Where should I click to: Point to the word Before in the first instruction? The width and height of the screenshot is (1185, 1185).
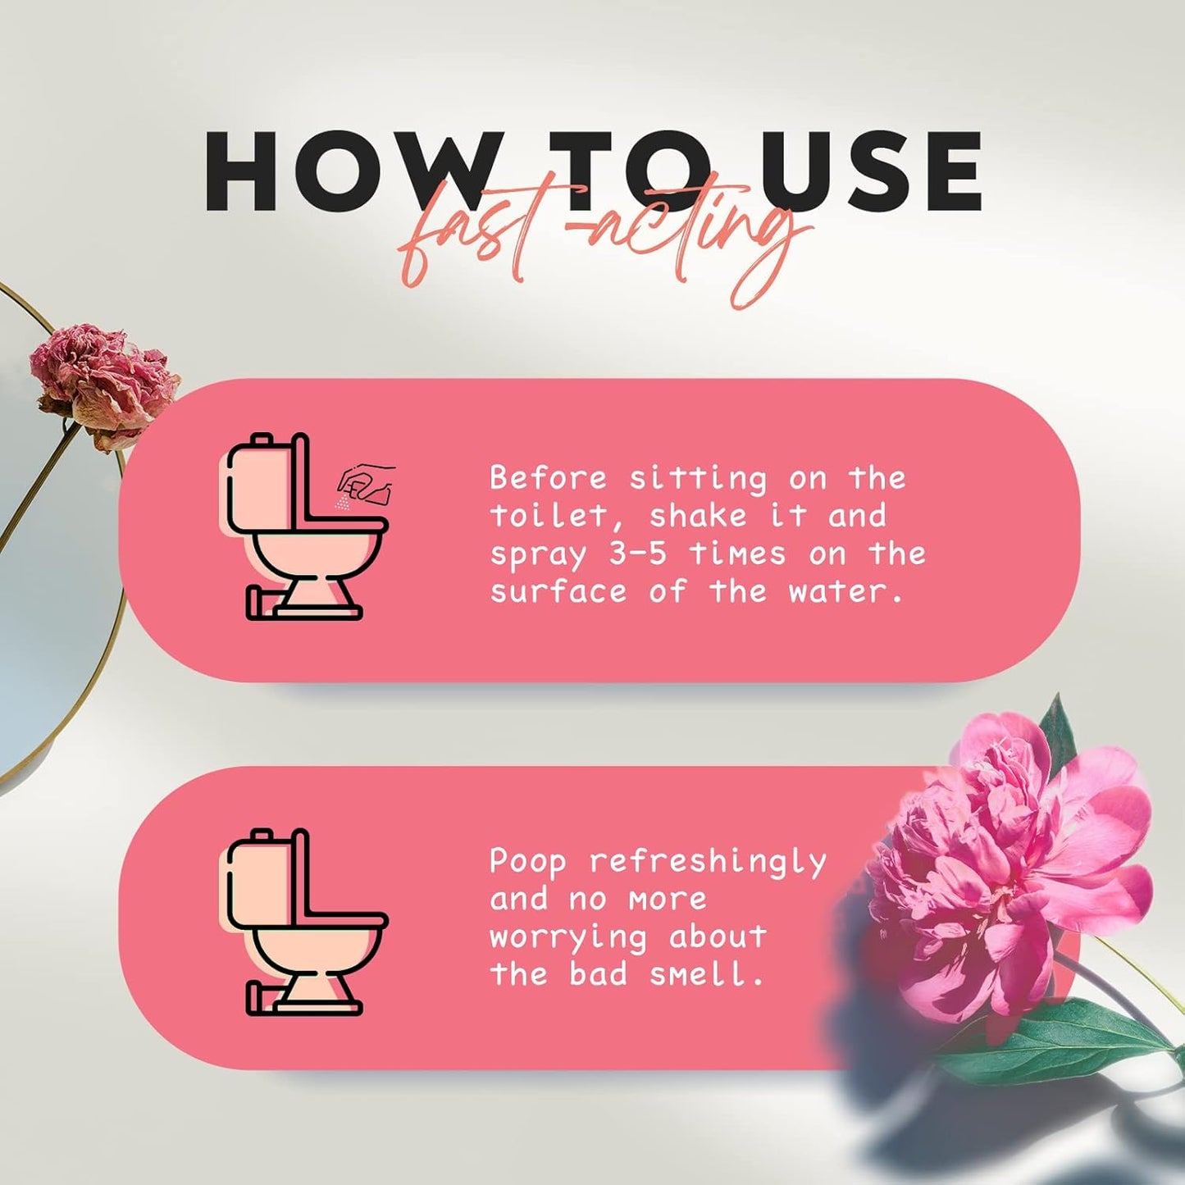pos(549,477)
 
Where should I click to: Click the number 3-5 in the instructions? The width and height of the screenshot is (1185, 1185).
pos(637,554)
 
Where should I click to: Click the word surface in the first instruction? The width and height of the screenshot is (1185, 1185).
pos(558,591)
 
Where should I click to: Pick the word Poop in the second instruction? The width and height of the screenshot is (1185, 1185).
pos(528,861)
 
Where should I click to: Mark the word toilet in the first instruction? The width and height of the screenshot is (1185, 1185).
pos(549,516)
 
